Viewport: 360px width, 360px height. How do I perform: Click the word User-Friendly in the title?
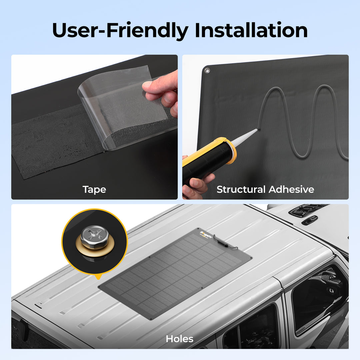(x=120, y=31)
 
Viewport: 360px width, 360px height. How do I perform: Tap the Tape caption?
(x=94, y=190)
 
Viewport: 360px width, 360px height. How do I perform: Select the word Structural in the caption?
(x=241, y=189)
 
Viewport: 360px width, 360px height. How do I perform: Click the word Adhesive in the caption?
(x=291, y=189)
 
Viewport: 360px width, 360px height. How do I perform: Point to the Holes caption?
(x=180, y=339)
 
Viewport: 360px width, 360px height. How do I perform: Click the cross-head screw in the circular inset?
(x=95, y=236)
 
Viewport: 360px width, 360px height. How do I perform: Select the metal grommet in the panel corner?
(x=207, y=70)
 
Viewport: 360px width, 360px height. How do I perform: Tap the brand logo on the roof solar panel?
(x=206, y=234)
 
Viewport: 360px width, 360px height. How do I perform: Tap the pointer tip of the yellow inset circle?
(x=99, y=279)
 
